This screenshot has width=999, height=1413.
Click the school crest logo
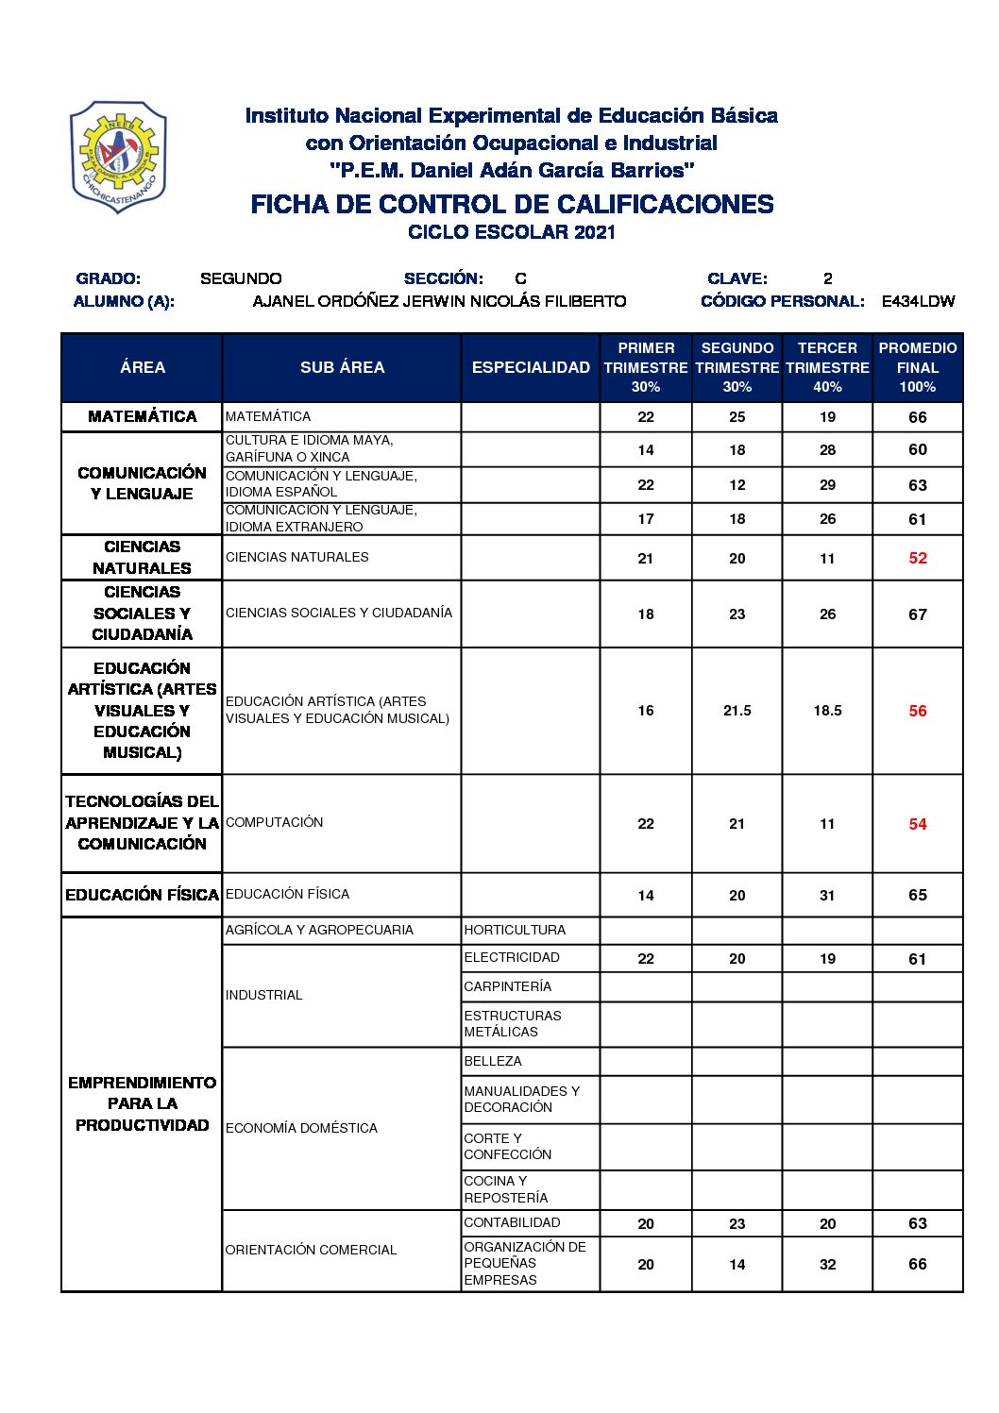pos(118,157)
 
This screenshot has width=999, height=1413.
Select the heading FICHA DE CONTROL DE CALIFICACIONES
pos(512,205)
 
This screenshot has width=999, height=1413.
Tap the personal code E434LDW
pos(918,302)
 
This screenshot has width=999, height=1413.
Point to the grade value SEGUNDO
pos(241,278)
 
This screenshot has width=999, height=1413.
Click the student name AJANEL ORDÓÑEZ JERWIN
pos(439,302)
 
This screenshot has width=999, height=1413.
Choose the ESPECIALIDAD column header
pos(531,368)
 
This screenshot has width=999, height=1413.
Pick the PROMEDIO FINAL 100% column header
pos(917,368)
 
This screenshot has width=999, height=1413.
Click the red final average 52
pos(918,559)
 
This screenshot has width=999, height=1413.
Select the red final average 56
pos(918,712)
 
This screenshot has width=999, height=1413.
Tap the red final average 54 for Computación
pos(918,825)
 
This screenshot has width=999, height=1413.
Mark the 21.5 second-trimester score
pos(737,712)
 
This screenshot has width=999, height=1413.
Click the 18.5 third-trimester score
pos(827,712)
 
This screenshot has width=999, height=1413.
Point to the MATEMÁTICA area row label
pos(143,417)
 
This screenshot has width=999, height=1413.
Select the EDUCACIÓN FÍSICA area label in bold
pos(143,895)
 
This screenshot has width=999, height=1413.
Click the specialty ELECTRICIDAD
pos(512,958)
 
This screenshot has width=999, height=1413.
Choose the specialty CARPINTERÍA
pos(508,987)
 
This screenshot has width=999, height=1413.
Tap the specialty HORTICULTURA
pos(515,931)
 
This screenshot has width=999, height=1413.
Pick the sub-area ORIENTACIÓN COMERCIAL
pos(311,1251)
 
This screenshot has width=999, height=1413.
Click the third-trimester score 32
pos(827,1265)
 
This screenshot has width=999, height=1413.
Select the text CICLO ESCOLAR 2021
pos(512,232)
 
